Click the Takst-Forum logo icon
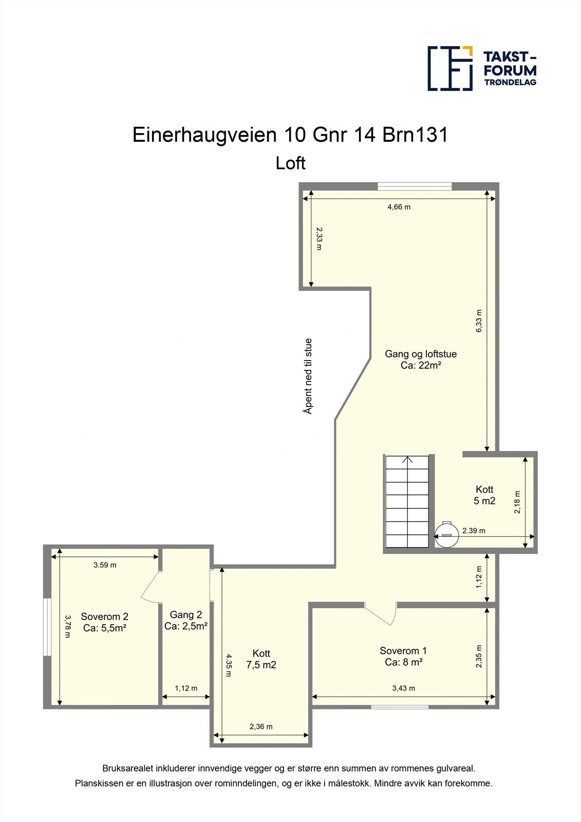[x=450, y=68]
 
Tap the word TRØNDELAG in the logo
[x=510, y=82]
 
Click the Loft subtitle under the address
[x=291, y=163]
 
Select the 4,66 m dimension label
[x=399, y=207]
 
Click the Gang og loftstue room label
[x=421, y=359]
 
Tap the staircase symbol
[x=407, y=502]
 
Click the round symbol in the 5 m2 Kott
[x=446, y=534]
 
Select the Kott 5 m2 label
[x=484, y=495]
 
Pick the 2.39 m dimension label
[x=474, y=531]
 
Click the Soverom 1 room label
[x=403, y=656]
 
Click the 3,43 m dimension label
[x=404, y=688]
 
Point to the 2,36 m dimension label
[x=261, y=726]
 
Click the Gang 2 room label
[x=186, y=620]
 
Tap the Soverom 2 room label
[x=105, y=622]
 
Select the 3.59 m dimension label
[x=105, y=565]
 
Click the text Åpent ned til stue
[x=308, y=376]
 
